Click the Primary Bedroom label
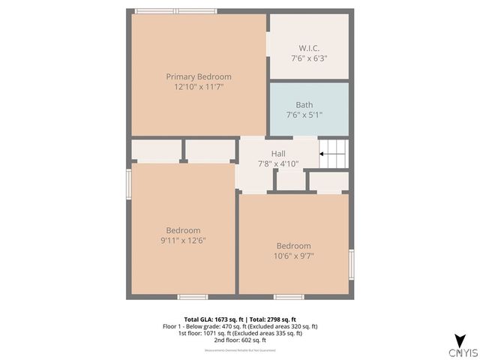click(198, 76)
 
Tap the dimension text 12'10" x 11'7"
click(198, 87)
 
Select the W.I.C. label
click(309, 46)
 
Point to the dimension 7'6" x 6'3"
click(309, 57)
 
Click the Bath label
click(304, 105)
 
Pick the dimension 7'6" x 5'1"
click(304, 115)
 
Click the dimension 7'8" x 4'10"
click(278, 163)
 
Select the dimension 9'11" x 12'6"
click(183, 241)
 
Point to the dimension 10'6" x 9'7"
click(293, 256)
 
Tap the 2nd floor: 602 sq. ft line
click(240, 340)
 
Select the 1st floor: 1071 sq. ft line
click(240, 334)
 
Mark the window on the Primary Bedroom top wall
click(175, 10)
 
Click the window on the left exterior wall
click(129, 184)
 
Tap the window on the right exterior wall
click(351, 265)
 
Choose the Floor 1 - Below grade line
click(240, 327)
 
